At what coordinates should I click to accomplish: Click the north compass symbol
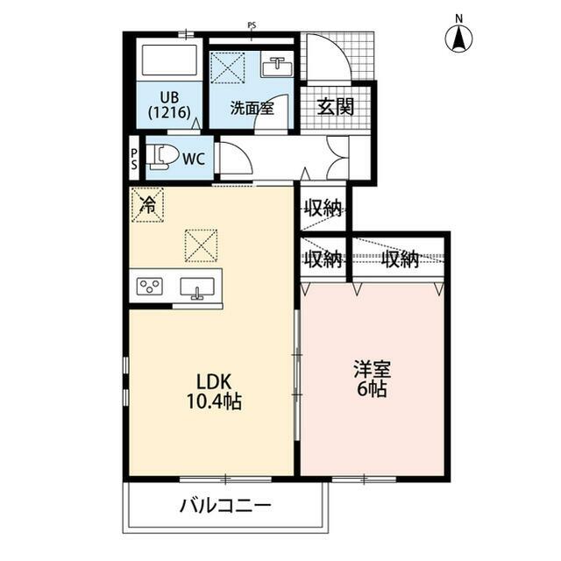tap(458, 38)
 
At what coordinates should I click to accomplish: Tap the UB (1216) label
tap(169, 104)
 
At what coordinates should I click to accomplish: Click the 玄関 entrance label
tap(336, 108)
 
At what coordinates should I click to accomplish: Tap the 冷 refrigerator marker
tap(148, 206)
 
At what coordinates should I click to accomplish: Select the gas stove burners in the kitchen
tap(150, 287)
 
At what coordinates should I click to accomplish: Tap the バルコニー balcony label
tap(225, 506)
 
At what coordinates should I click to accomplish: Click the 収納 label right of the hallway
tap(323, 209)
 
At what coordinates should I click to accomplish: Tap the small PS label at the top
tap(252, 25)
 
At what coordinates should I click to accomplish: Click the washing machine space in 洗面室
tap(228, 68)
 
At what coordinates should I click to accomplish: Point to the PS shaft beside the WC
tap(134, 159)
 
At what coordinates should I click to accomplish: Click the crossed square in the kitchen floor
tap(200, 245)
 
